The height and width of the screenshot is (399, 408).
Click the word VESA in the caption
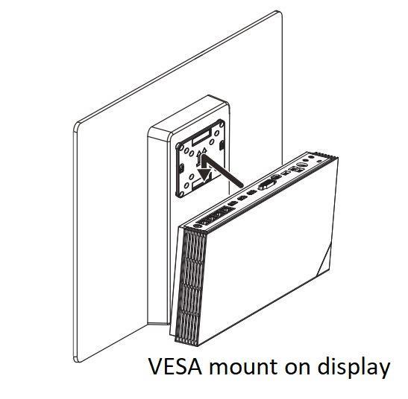[175, 366]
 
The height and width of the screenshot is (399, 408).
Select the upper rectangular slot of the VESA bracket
[201, 138]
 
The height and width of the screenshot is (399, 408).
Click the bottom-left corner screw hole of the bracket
[178, 194]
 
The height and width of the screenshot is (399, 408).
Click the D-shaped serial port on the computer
[266, 185]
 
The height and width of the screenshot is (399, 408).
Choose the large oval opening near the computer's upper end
[302, 165]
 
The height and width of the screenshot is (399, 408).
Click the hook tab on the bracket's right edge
[222, 146]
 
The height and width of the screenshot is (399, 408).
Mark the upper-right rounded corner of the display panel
[280, 13]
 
